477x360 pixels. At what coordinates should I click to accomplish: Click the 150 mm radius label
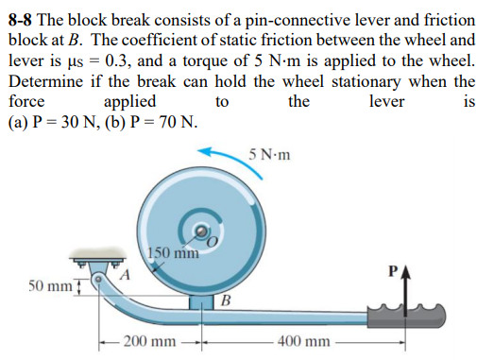(173, 252)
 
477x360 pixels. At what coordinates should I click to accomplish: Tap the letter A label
(124, 275)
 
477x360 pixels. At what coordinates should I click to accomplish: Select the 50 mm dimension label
(46, 283)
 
